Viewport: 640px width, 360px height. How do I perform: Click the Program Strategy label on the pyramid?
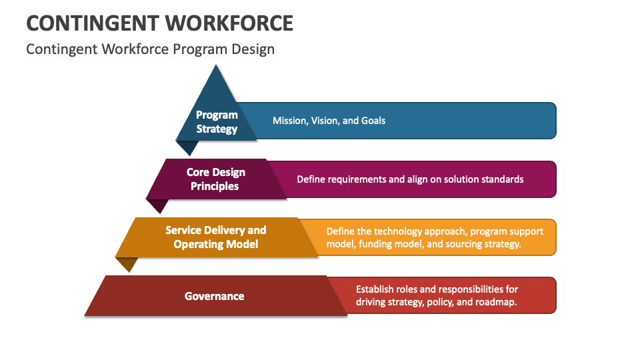coord(217,122)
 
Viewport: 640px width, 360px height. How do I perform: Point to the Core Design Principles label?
coord(215,179)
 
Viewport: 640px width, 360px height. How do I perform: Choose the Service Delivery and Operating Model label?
coord(215,237)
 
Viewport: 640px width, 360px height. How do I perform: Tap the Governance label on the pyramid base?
coord(214,295)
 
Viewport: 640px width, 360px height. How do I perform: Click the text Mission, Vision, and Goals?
coord(329,121)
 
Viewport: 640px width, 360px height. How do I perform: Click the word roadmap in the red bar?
coord(497,302)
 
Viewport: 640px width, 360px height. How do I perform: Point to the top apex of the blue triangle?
coord(215,65)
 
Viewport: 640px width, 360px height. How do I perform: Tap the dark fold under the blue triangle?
coord(187,147)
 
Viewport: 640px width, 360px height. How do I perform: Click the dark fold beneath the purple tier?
coord(157,206)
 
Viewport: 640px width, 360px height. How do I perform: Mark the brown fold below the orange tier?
coord(127,264)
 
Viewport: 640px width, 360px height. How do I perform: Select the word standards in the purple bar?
coord(502,179)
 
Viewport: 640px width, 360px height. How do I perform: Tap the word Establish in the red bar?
coord(375,289)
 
